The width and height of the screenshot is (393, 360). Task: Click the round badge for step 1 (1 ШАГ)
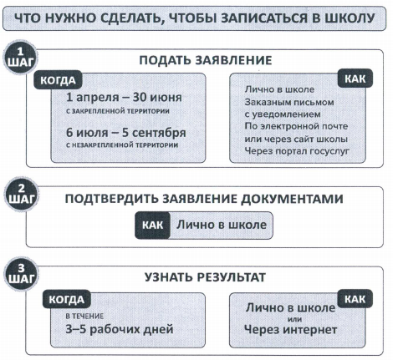(x=21, y=58)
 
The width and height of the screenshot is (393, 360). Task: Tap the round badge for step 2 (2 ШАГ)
(x=21, y=194)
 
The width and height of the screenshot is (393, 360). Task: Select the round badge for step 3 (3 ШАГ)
(x=21, y=274)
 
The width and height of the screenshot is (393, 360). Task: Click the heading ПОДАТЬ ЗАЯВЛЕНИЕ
(x=206, y=60)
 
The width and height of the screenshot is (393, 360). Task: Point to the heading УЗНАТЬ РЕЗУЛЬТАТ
(x=205, y=277)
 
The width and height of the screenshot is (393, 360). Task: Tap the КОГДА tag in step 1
(x=58, y=80)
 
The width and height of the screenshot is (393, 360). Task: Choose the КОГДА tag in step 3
(x=67, y=300)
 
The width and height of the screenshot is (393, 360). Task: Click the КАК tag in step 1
(x=355, y=79)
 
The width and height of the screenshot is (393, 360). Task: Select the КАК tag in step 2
(x=153, y=225)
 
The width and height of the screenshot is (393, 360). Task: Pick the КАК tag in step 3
(x=355, y=299)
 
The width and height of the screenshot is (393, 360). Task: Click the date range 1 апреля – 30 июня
(x=124, y=97)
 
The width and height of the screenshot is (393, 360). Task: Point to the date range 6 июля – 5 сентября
(x=126, y=133)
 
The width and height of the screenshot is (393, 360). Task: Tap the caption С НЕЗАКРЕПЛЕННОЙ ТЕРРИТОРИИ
(x=122, y=145)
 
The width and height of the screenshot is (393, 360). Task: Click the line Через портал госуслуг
(x=297, y=151)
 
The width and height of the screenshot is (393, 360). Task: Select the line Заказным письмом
(x=289, y=102)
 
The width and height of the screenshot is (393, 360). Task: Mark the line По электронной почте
(x=296, y=126)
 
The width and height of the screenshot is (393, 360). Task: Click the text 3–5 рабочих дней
(x=120, y=329)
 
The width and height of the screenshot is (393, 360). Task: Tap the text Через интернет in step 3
(x=291, y=330)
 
